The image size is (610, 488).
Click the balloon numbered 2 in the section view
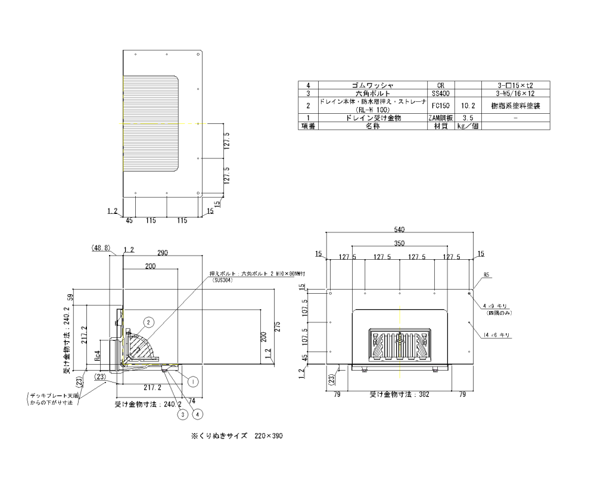point(149,322)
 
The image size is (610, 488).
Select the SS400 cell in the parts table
point(440,94)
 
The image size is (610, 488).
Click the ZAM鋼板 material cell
point(440,118)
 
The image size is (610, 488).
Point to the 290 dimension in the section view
point(163,253)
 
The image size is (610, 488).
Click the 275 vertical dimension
point(278,327)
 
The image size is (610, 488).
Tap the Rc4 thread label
point(98,356)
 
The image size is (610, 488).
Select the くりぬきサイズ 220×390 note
point(236,436)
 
